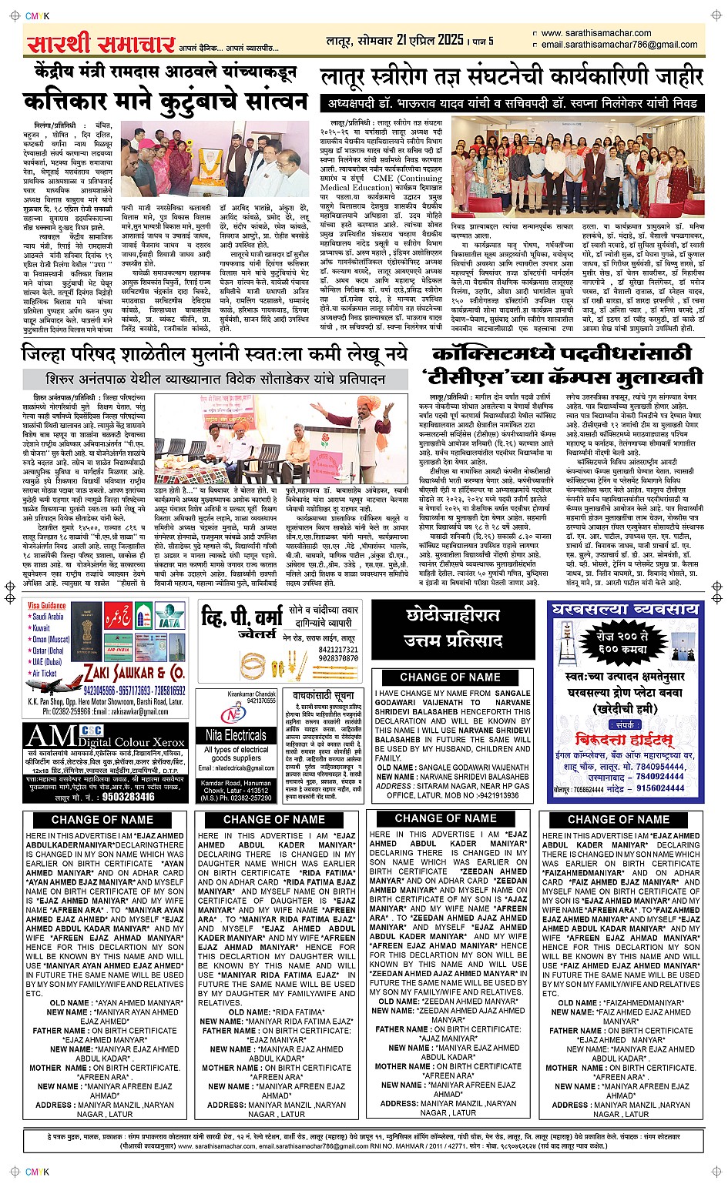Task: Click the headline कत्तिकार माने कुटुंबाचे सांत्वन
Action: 166,102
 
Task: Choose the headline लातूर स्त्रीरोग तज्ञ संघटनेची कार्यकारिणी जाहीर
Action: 512,77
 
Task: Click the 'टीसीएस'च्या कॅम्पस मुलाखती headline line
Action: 562,376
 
